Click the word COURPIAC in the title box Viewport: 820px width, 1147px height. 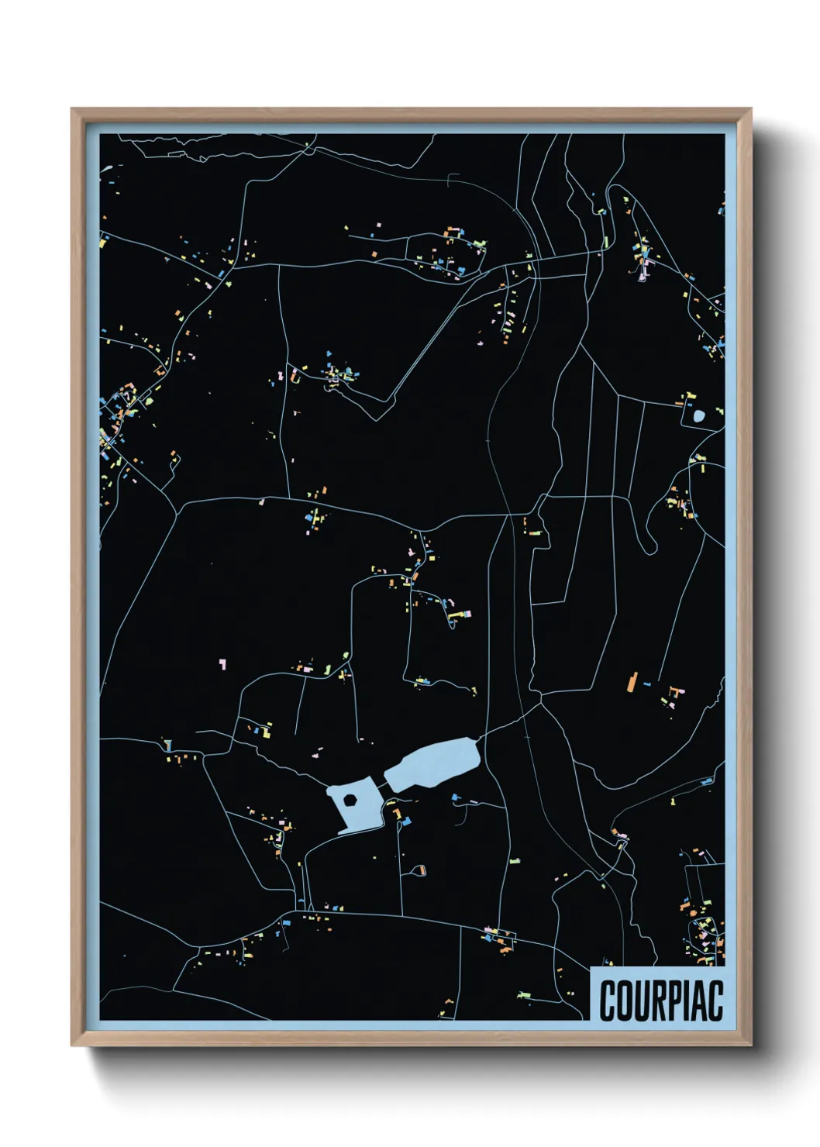pos(660,1001)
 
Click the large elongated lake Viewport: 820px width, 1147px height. pos(434,764)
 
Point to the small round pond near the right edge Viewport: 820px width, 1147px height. pos(699,416)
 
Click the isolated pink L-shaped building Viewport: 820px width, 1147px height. pos(223,664)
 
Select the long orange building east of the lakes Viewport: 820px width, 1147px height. pos(632,682)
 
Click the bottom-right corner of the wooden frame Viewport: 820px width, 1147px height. pos(751,1045)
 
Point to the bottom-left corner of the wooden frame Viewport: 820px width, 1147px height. pos(72,1045)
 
